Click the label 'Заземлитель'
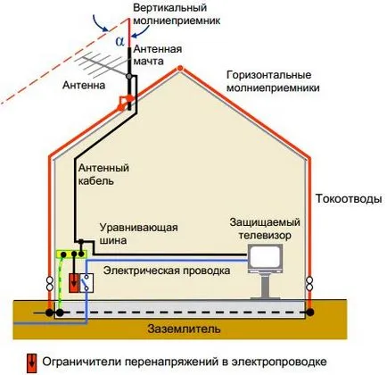pyautogui.click(x=185, y=329)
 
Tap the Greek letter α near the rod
pyautogui.click(x=119, y=41)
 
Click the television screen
pyautogui.click(x=264, y=255)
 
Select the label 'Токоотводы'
pyautogui.click(x=349, y=199)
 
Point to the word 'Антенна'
pyautogui.click(x=84, y=86)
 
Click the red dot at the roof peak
pyautogui.click(x=180, y=69)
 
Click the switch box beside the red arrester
pyautogui.click(x=86, y=283)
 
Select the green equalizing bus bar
pyautogui.click(x=71, y=254)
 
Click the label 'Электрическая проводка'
pyautogui.click(x=167, y=271)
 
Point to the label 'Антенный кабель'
pyautogui.click(x=103, y=175)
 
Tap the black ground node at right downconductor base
pyautogui.click(x=310, y=312)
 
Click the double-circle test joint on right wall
pyautogui.click(x=309, y=283)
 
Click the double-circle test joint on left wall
pyautogui.click(x=50, y=283)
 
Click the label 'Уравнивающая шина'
pyautogui.click(x=138, y=234)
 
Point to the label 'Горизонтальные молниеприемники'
pyautogui.click(x=273, y=81)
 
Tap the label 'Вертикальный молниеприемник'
pyautogui.click(x=177, y=14)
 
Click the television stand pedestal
pyautogui.click(x=265, y=285)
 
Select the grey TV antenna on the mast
pyautogui.click(x=102, y=66)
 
